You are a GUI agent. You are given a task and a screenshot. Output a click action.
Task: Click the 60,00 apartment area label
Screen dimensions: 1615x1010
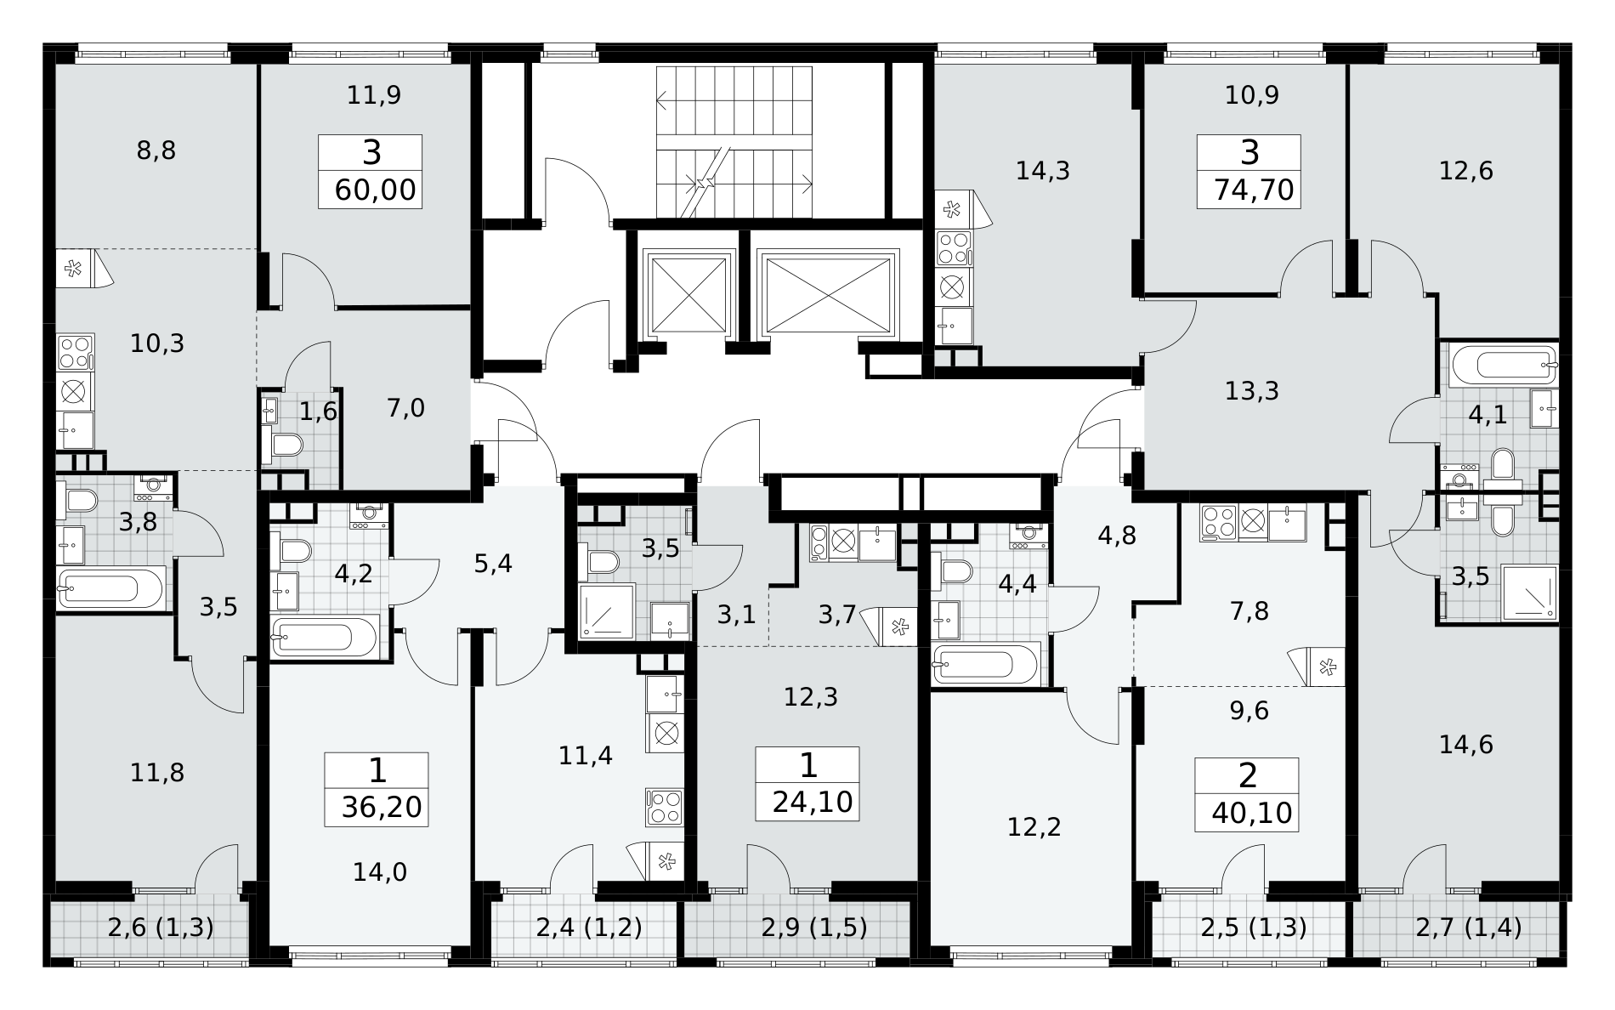tap(376, 190)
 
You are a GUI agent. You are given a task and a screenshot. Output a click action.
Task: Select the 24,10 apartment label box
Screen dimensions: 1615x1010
tap(807, 783)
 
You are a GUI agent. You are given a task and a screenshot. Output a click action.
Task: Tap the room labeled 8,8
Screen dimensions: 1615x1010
tap(156, 151)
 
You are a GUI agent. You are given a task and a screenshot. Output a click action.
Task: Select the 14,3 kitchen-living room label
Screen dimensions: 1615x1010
tap(1043, 171)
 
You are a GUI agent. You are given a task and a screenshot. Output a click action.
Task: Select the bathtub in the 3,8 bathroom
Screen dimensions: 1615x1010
tap(110, 587)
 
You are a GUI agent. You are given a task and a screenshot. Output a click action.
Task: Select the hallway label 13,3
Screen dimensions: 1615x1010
tap(1252, 391)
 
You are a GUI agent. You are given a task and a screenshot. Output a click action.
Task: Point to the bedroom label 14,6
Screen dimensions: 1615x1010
tap(1466, 745)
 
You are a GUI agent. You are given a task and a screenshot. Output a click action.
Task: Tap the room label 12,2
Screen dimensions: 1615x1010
tap(1034, 826)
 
